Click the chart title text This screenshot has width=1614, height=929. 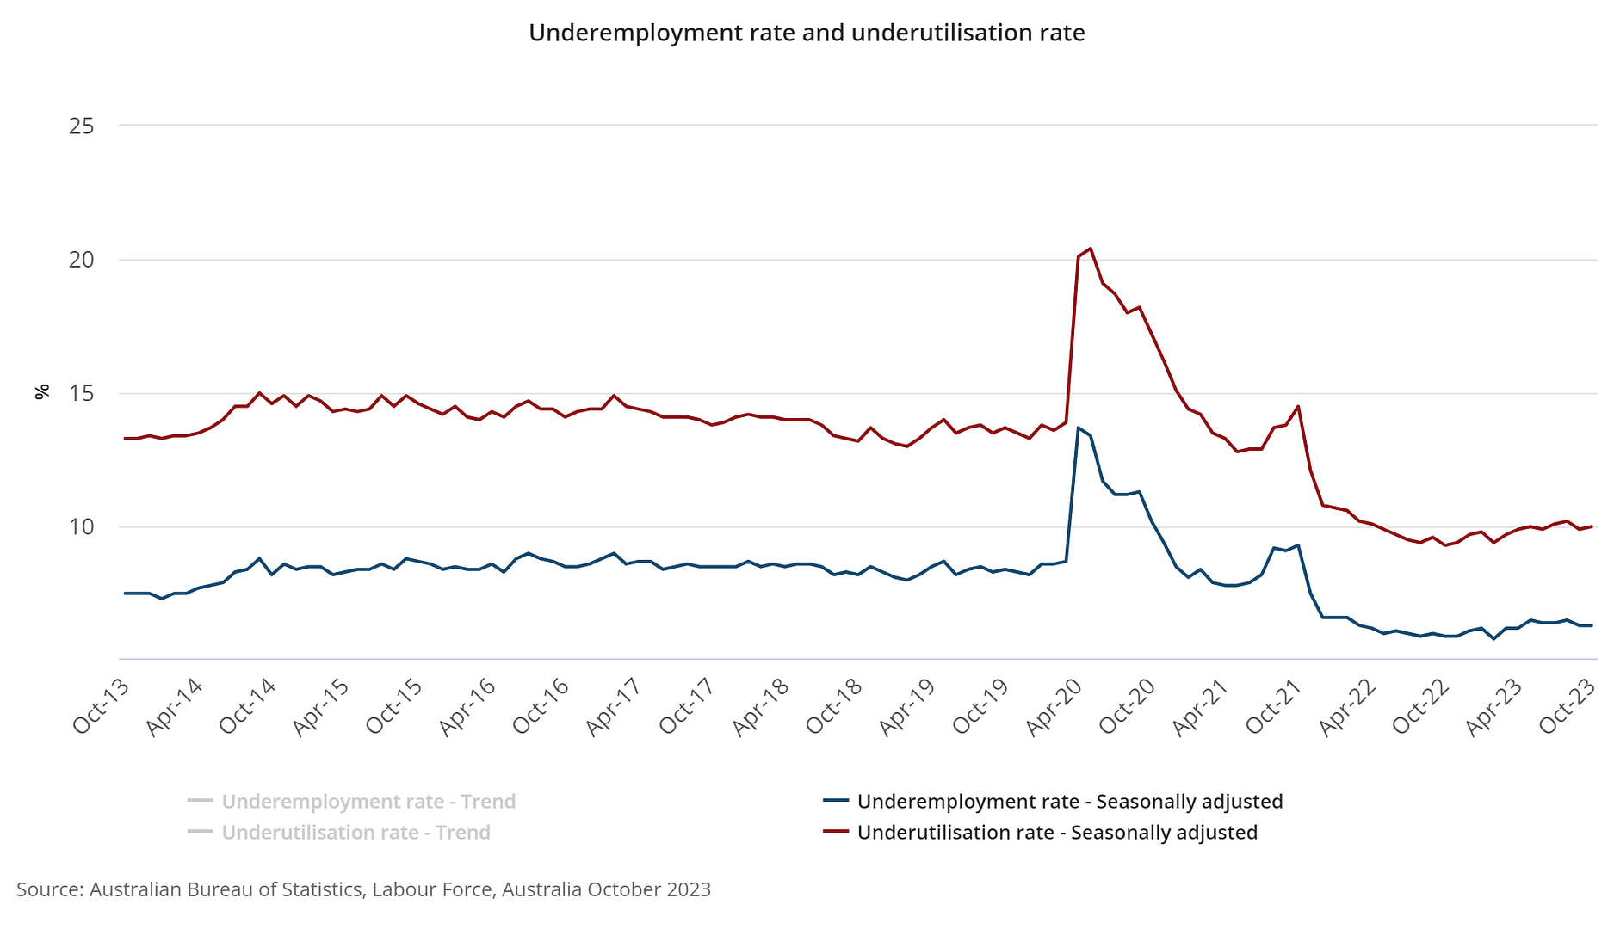[x=807, y=33]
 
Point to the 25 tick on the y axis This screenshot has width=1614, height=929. [x=81, y=126]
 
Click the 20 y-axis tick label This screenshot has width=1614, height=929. [x=81, y=260]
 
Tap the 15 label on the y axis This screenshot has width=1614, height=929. [x=81, y=394]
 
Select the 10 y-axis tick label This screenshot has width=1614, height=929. [x=81, y=527]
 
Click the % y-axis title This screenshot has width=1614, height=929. [x=41, y=392]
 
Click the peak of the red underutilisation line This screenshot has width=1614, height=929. [x=1091, y=249]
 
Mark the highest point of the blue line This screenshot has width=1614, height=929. [x=1079, y=428]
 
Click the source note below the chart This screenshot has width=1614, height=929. [x=363, y=889]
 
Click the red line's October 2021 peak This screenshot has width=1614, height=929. [x=1298, y=406]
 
